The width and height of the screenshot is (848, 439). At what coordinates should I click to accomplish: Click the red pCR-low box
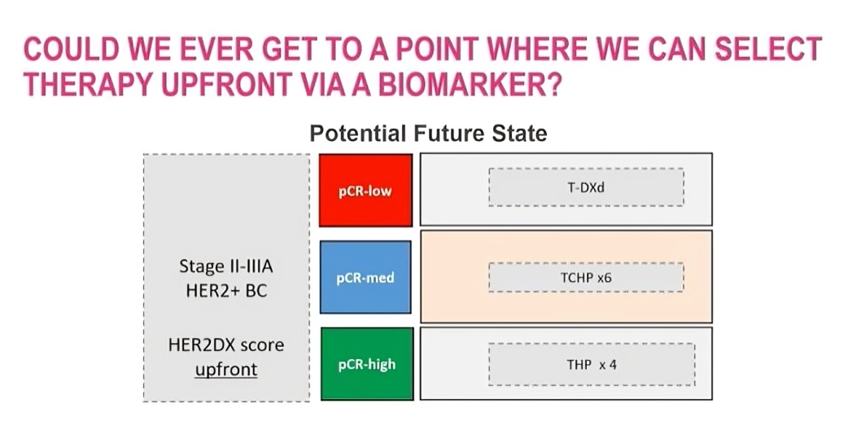(365, 190)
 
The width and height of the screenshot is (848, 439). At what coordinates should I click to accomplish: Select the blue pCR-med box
(365, 277)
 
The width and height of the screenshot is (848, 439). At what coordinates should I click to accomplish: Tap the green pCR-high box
(367, 364)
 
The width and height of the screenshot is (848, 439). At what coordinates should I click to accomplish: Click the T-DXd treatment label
(586, 187)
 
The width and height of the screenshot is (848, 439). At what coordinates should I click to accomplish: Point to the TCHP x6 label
(586, 278)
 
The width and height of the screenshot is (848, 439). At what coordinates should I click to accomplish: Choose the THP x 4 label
(591, 364)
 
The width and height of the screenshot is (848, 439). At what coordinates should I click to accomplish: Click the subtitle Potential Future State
(428, 133)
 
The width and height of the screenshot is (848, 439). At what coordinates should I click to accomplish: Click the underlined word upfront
(226, 370)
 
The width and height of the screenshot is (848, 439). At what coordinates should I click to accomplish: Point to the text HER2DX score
(226, 345)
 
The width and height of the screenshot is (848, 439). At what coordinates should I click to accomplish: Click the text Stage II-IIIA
(226, 266)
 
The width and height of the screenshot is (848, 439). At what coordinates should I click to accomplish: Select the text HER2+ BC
(226, 291)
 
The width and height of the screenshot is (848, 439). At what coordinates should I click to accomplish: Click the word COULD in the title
(72, 49)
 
